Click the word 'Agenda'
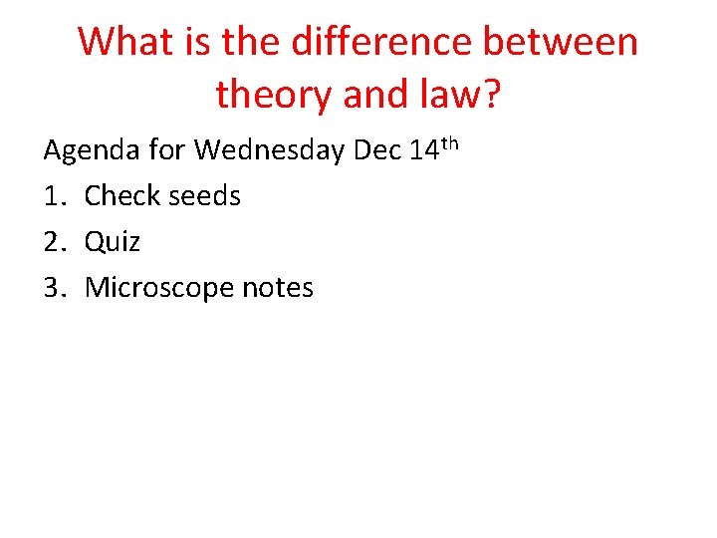93,151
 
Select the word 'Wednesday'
269,150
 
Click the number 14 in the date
422,150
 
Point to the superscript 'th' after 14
449,142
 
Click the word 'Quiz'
113,242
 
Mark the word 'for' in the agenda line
167,150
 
